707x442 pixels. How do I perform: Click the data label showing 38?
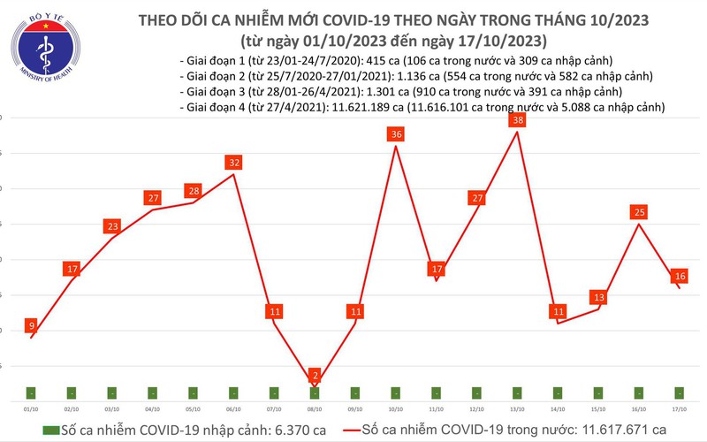click(519, 120)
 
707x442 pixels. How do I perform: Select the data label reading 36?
click(396, 134)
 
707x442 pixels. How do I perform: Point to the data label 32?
click(234, 163)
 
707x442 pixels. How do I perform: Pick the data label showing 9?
click(33, 324)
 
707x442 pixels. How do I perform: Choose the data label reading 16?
click(680, 276)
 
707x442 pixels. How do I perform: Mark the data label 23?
click(112, 226)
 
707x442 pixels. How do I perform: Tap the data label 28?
click(194, 191)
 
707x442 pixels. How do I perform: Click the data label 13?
click(600, 297)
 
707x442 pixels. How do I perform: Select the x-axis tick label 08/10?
click(315, 409)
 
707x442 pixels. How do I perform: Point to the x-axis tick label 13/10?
click(518, 409)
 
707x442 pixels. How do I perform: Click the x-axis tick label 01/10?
click(31, 409)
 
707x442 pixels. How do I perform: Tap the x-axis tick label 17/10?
click(680, 409)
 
